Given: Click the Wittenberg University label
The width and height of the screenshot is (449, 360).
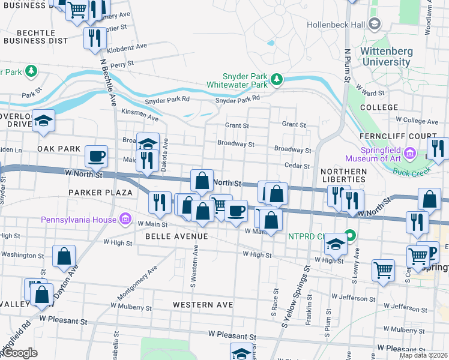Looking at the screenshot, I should [387, 56].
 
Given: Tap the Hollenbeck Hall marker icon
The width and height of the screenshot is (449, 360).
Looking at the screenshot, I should [375, 24].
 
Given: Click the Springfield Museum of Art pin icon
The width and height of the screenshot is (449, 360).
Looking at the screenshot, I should [411, 154].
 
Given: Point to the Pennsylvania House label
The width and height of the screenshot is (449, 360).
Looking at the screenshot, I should [79, 219].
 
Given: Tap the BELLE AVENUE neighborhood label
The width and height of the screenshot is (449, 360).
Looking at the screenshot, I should [176, 236].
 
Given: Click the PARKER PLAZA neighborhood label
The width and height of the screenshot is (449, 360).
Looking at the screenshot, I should [100, 193].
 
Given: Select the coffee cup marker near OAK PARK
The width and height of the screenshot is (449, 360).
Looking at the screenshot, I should [97, 157].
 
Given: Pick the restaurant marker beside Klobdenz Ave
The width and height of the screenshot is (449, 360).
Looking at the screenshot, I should [95, 38].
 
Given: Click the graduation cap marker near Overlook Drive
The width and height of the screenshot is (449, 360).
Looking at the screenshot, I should [43, 121].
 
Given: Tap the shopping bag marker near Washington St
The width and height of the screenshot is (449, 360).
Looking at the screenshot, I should [64, 257].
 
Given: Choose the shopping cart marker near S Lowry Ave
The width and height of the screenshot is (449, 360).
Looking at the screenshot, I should [383, 270].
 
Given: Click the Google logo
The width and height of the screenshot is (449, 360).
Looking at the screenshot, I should [19, 353].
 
